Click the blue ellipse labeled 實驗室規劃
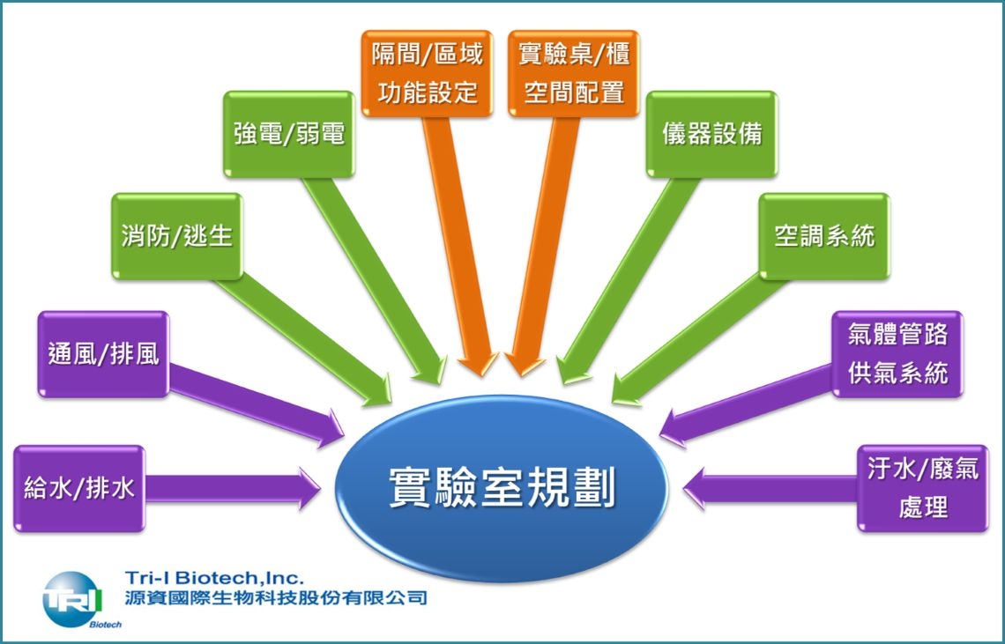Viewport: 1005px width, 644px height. click(x=502, y=488)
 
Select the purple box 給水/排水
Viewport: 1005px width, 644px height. click(x=79, y=488)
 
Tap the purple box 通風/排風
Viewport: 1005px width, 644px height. click(x=103, y=354)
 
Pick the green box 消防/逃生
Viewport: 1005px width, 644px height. click(x=177, y=236)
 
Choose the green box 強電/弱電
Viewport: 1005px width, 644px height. click(x=289, y=135)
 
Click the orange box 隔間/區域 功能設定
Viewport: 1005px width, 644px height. click(x=427, y=74)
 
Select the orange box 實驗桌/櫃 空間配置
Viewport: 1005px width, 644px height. click(x=574, y=74)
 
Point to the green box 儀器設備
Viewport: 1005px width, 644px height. click(x=711, y=135)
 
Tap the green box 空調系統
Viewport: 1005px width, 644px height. click(x=824, y=236)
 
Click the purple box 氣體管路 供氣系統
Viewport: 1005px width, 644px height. click(x=897, y=354)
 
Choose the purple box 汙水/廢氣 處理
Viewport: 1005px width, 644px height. click(x=923, y=488)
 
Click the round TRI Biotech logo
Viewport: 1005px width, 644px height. click(x=71, y=600)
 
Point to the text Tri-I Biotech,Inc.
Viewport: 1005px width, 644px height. click(x=215, y=579)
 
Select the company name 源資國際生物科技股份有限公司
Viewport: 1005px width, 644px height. click(x=276, y=598)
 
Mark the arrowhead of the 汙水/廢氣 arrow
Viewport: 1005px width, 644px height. click(x=694, y=488)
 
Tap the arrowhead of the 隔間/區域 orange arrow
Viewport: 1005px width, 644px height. click(x=478, y=365)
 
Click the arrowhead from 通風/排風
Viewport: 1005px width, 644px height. click(x=333, y=429)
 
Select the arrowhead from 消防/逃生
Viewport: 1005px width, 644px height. click(x=378, y=392)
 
